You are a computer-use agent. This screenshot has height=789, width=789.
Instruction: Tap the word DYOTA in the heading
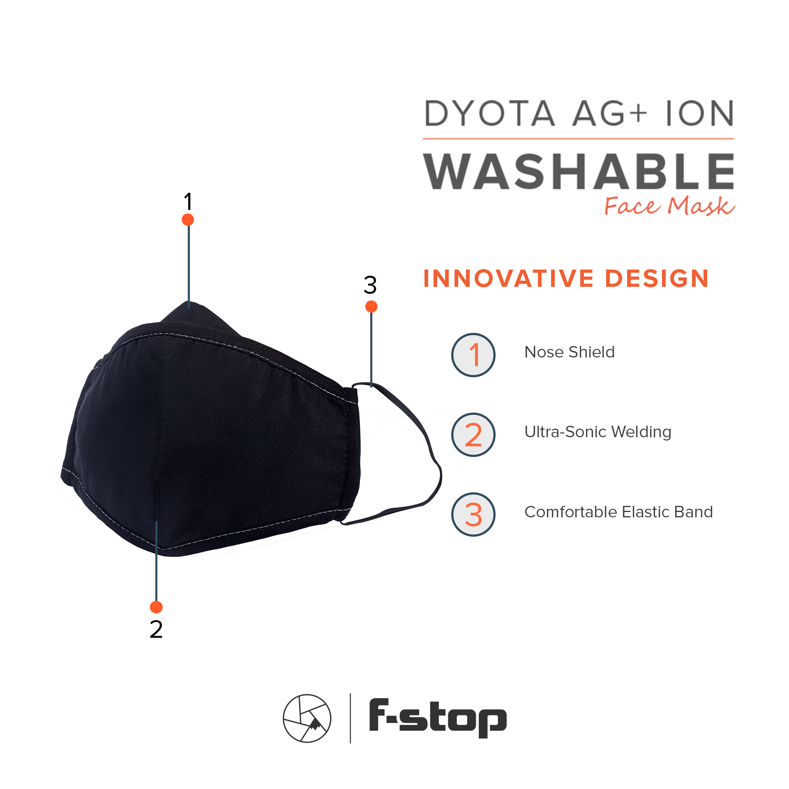(490, 113)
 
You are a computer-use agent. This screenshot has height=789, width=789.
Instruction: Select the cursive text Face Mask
(669, 206)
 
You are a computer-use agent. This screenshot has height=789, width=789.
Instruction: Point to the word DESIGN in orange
(657, 279)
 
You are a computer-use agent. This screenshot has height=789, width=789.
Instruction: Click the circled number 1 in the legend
(473, 355)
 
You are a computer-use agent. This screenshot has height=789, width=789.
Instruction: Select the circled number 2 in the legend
(473, 435)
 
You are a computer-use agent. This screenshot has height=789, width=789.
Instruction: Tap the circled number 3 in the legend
(473, 514)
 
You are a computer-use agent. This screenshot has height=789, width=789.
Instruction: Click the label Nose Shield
(570, 352)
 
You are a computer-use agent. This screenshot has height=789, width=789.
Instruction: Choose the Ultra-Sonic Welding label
(598, 432)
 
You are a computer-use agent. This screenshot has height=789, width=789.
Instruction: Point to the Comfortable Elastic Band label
(619, 512)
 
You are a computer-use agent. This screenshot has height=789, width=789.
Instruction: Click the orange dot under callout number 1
(188, 219)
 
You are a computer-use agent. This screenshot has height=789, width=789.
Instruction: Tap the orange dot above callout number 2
(156, 607)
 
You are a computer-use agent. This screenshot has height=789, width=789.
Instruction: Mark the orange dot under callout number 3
(371, 307)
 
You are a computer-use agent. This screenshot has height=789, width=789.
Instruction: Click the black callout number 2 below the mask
(156, 630)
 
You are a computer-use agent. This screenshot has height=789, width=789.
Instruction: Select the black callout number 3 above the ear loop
(370, 285)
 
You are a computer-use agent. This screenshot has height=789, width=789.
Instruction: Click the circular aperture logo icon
(307, 718)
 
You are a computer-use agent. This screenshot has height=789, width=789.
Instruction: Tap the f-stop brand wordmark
(438, 718)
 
